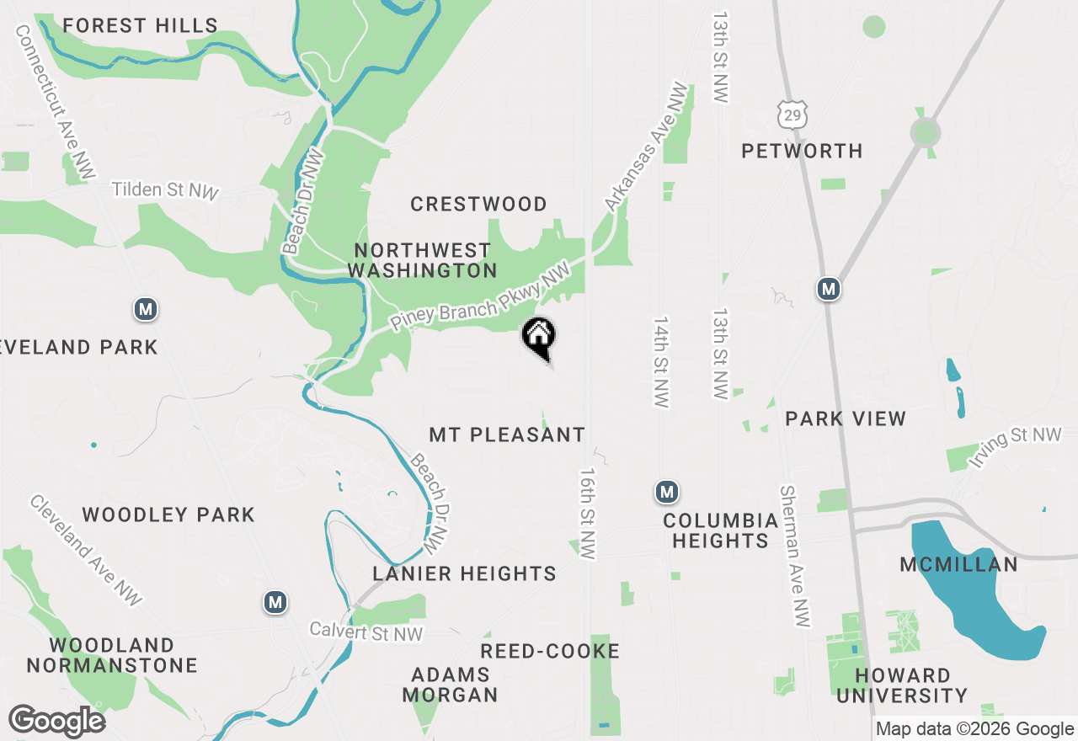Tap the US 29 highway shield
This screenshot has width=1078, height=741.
pyautogui.click(x=792, y=114)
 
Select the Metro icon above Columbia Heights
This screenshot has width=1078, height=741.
pyautogui.click(x=667, y=492)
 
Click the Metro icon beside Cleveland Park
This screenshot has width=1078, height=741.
pyautogui.click(x=147, y=310)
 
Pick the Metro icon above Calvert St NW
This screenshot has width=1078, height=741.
pyautogui.click(x=275, y=602)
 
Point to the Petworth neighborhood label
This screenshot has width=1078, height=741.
pyautogui.click(x=802, y=152)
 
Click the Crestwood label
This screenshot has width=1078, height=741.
pyautogui.click(x=478, y=205)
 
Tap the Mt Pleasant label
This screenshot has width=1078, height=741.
pyautogui.click(x=507, y=435)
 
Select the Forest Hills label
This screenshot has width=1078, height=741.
pyautogui.click(x=141, y=26)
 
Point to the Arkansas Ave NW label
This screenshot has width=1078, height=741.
pyautogui.click(x=647, y=147)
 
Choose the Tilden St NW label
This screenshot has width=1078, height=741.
pyautogui.click(x=165, y=190)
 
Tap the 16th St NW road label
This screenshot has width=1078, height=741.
pyautogui.click(x=587, y=514)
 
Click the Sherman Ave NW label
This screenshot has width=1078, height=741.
pyautogui.click(x=795, y=556)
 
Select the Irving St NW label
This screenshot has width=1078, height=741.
pyautogui.click(x=1015, y=447)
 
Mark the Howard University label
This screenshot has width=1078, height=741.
pyautogui.click(x=902, y=685)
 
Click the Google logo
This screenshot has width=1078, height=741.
pyautogui.click(x=56, y=722)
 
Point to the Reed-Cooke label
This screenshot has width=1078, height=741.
pyautogui.click(x=550, y=651)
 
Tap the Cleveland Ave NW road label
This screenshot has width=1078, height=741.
pyautogui.click(x=86, y=551)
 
